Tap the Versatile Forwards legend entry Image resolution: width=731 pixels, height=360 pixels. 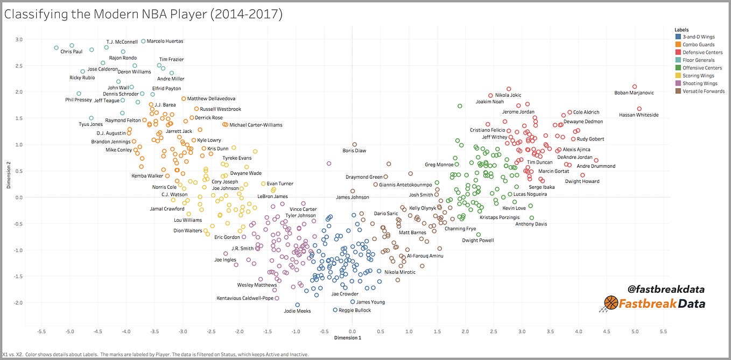point(703,91)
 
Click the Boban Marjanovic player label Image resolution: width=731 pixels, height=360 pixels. point(634,93)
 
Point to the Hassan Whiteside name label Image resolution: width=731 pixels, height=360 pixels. point(638,115)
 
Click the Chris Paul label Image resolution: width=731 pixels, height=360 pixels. point(71,52)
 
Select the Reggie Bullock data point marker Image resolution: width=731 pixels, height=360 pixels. point(335,310)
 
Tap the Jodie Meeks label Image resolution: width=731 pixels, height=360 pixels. point(297,311)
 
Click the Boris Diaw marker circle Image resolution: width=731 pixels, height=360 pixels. point(355,144)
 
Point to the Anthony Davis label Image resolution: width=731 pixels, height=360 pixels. point(531,224)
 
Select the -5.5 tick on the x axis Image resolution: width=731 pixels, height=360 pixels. point(41,331)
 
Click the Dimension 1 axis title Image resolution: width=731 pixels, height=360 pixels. point(347,337)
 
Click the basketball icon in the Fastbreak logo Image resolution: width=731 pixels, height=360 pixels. point(611,303)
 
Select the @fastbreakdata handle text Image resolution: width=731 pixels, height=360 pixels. point(665,290)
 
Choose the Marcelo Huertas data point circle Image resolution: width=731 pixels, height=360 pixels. point(143,41)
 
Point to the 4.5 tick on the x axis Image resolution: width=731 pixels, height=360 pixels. point(607,331)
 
